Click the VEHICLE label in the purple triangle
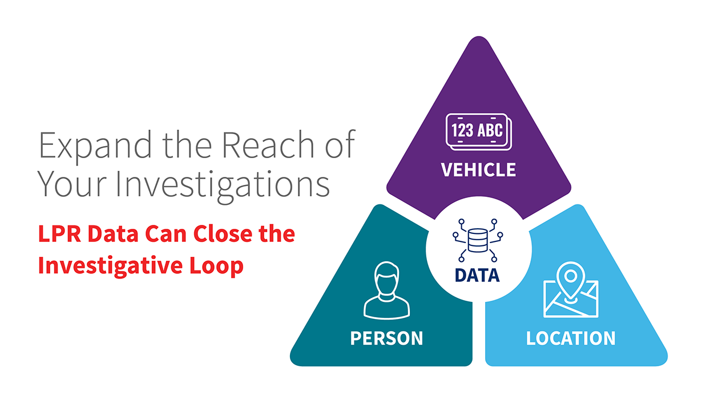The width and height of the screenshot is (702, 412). tap(478, 169)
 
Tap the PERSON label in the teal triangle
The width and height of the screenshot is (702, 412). tap(386, 338)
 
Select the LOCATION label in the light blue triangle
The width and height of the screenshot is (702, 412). tap(570, 338)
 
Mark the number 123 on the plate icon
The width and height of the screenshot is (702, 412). tap(462, 131)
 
